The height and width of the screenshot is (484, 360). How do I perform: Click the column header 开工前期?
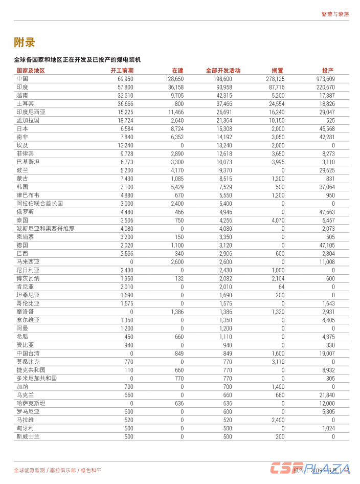(122, 71)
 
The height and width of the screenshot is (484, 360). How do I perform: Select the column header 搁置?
(278, 71)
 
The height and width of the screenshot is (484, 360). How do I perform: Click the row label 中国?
(22, 79)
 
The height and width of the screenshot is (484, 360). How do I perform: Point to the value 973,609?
(325, 79)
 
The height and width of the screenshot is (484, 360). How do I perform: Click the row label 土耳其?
(25, 104)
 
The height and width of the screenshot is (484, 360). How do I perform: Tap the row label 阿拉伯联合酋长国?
(39, 204)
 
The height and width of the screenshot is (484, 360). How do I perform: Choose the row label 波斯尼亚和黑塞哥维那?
(45, 229)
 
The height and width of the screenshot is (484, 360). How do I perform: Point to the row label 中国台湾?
(28, 353)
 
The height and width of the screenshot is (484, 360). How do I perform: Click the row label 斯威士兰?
(28, 436)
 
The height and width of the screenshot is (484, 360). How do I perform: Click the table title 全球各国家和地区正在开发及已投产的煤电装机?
(77, 60)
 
